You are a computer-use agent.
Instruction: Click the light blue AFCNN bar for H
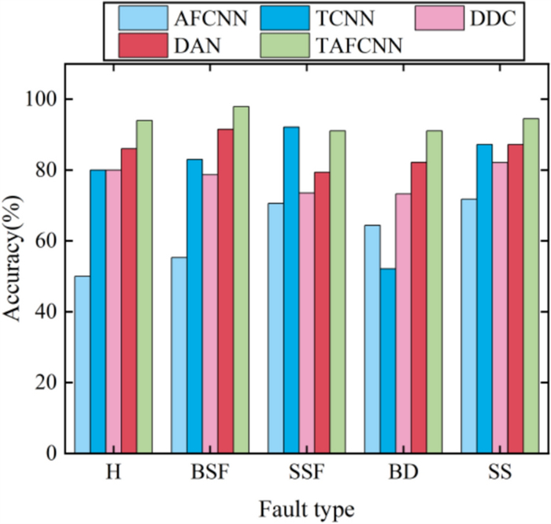pyautogui.click(x=82, y=364)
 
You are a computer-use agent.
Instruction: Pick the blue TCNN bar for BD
pyautogui.click(x=386, y=361)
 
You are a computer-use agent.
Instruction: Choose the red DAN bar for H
pyautogui.click(x=129, y=300)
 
